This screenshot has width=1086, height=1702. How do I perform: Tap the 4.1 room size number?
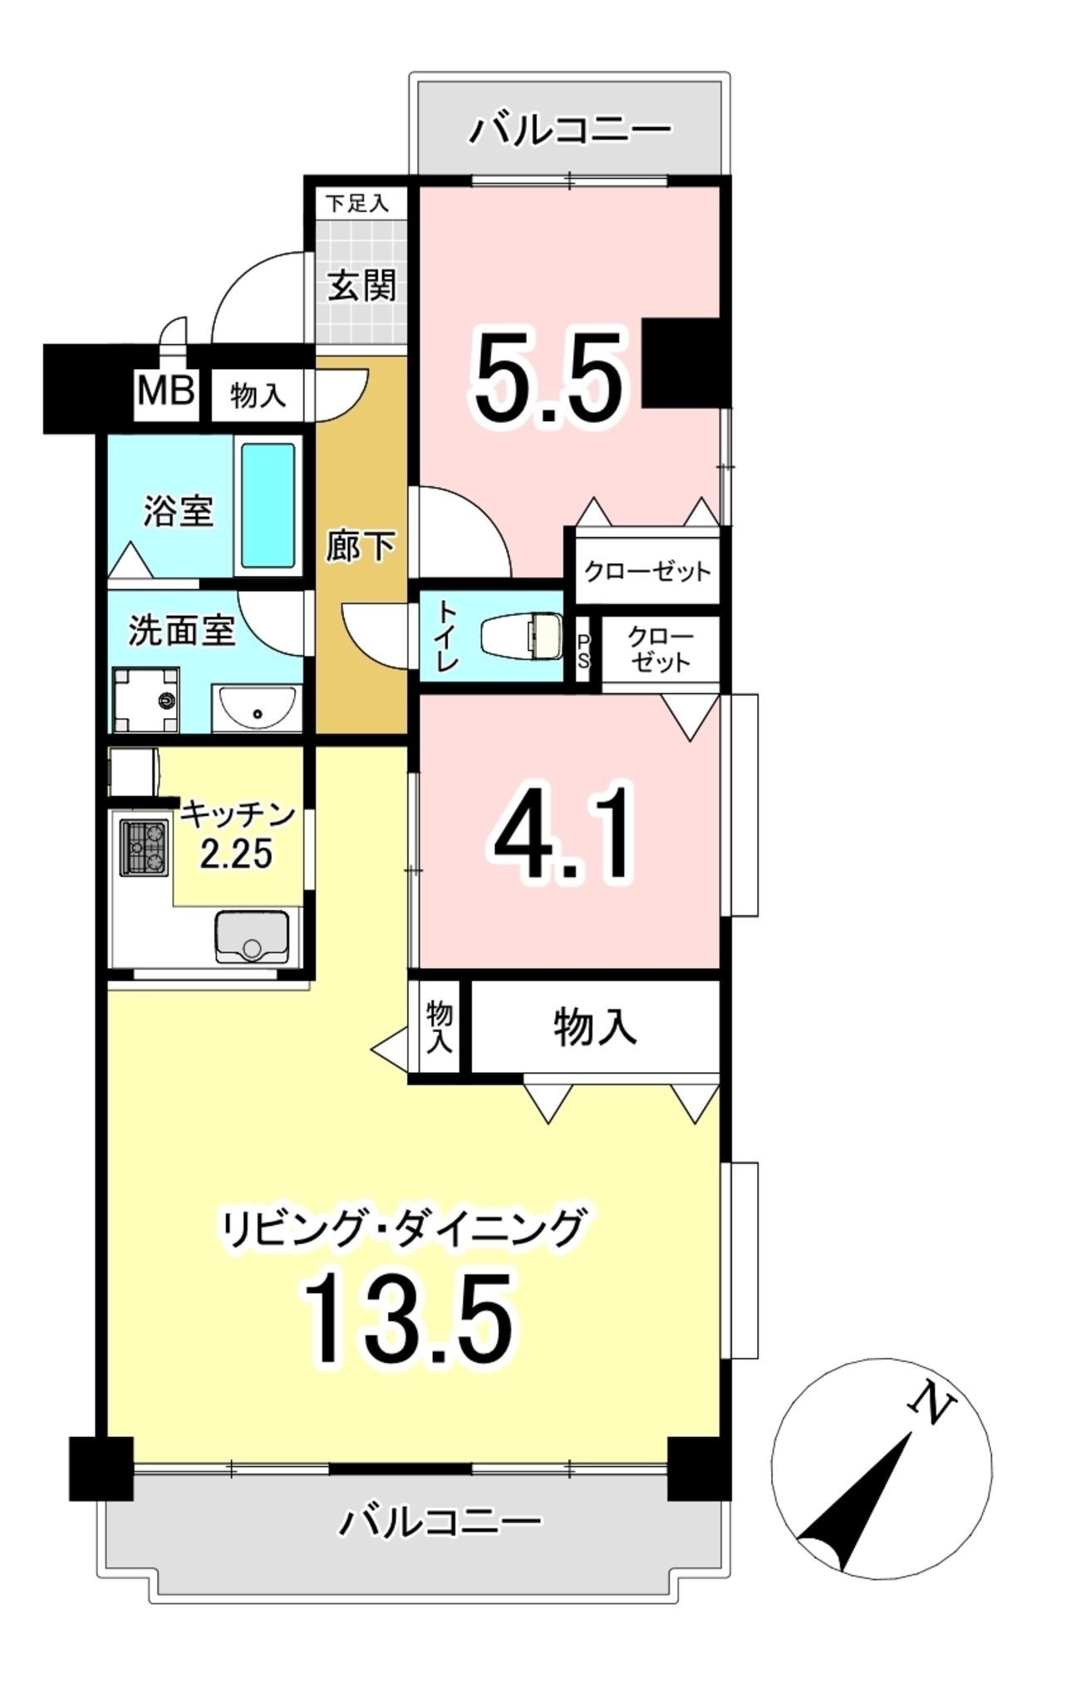point(564,832)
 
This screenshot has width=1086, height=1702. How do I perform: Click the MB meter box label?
point(166,391)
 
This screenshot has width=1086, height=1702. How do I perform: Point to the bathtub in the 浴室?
point(268,505)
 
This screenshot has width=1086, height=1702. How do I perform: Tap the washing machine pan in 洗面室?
point(146,700)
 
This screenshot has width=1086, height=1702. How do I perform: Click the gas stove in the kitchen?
point(145,848)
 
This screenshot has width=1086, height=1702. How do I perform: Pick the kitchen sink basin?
point(252,937)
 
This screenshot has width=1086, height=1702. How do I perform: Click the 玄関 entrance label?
point(361,287)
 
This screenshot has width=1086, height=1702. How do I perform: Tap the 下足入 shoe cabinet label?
point(356,204)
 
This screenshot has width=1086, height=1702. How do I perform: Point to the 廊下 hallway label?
point(360,546)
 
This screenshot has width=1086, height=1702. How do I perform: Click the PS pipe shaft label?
point(584,652)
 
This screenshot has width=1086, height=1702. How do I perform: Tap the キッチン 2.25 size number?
point(236,853)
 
